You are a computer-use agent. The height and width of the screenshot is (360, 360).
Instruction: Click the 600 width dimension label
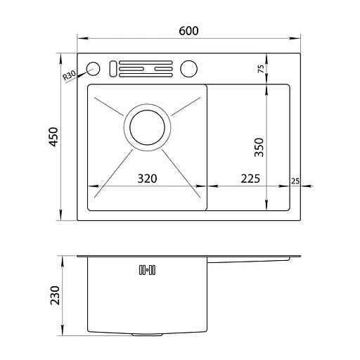point(188,31)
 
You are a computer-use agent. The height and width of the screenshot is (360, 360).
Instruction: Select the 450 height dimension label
point(53,137)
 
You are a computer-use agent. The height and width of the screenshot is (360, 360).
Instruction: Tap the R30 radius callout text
point(69,75)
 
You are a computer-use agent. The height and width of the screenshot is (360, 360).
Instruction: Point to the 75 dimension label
point(261,68)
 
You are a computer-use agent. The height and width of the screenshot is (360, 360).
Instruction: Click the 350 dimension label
point(259,147)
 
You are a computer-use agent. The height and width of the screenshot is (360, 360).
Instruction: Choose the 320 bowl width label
point(147,179)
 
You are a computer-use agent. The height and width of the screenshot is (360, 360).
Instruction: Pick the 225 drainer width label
point(250,179)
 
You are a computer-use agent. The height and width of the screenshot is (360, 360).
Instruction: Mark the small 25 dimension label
point(295,181)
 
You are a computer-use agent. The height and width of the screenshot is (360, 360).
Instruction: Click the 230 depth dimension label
point(55,295)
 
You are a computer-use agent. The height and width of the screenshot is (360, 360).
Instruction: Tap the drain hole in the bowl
point(147,127)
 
